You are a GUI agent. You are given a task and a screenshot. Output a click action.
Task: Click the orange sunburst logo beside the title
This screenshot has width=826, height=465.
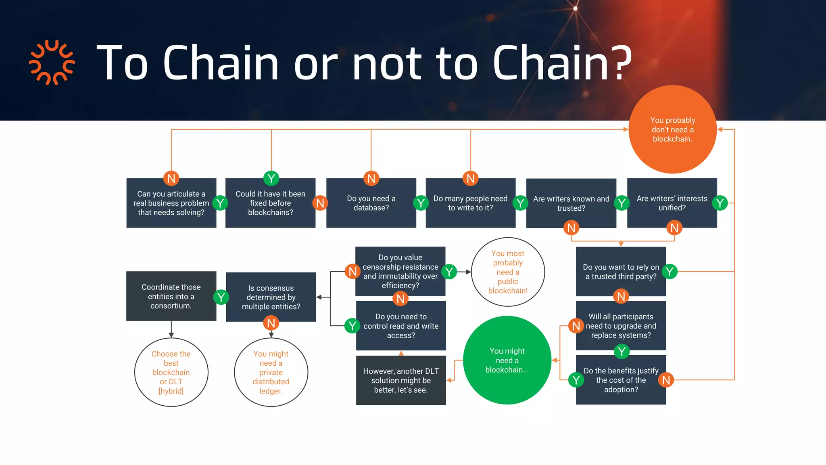click(x=52, y=63)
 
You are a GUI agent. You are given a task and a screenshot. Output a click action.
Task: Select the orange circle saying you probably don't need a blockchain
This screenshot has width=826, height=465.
click(x=672, y=129)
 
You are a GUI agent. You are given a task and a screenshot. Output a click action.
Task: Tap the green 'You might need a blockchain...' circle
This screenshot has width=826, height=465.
click(x=507, y=360)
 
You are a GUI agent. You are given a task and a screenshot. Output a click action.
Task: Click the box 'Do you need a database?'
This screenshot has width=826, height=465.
click(x=371, y=203)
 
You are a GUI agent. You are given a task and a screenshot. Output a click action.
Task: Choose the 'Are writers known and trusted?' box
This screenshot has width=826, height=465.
click(x=571, y=203)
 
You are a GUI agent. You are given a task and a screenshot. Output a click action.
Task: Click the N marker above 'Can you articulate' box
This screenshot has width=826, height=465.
click(x=171, y=178)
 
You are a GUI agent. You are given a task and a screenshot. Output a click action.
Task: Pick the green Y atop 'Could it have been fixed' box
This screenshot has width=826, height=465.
click(x=271, y=178)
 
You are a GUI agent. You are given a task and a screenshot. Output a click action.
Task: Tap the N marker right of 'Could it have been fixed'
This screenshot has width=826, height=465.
click(x=320, y=203)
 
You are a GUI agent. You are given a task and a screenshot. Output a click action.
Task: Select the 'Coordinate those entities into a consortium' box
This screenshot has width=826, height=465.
click(x=171, y=296)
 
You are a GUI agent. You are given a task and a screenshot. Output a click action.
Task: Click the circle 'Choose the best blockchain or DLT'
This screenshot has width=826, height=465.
click(x=171, y=372)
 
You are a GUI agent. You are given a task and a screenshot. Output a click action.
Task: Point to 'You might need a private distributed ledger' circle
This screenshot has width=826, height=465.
click(x=271, y=372)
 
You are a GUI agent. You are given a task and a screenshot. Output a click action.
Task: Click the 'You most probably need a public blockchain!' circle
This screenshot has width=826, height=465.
click(x=508, y=272)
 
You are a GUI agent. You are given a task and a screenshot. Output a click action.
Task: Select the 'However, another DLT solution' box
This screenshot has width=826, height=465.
click(x=401, y=380)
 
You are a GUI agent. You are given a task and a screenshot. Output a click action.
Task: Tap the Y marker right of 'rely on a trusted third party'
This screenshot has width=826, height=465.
click(x=670, y=272)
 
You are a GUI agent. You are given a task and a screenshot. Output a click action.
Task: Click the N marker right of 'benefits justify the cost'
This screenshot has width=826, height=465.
click(x=666, y=380)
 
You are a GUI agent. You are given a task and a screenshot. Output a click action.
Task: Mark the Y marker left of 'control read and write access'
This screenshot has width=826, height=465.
click(x=352, y=325)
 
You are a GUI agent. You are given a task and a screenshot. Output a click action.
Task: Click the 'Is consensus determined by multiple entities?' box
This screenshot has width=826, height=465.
click(x=271, y=297)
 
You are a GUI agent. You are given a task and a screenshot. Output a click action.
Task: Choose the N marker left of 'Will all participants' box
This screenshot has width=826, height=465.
click(x=576, y=326)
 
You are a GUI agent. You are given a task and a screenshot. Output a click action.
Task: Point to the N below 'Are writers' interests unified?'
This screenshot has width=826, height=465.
click(x=674, y=228)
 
